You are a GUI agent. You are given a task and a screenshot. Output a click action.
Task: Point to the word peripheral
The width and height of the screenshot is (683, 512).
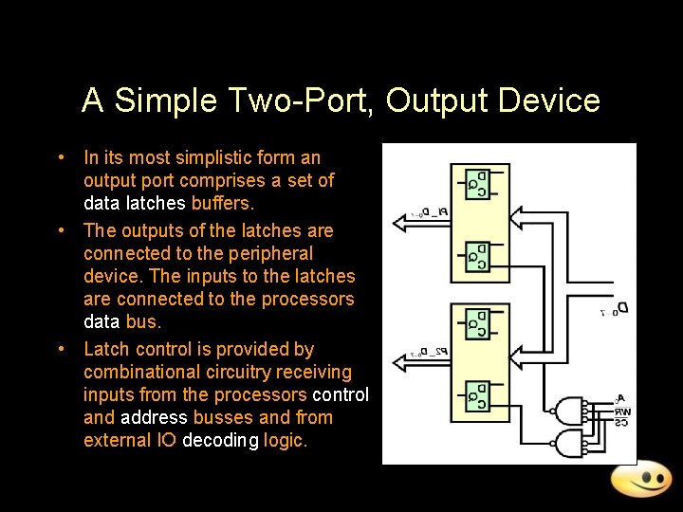(x=268, y=253)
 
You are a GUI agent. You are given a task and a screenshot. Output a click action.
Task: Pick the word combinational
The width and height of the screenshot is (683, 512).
(x=130, y=372)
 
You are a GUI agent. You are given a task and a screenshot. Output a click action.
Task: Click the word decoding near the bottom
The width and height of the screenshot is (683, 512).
(x=216, y=440)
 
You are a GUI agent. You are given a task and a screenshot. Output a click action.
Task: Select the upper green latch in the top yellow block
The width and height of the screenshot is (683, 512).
(x=475, y=183)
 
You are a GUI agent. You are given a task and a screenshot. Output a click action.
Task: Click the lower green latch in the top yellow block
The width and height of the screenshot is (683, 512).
(x=475, y=255)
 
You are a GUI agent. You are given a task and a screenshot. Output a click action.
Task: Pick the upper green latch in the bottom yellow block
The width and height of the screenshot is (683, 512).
(x=475, y=322)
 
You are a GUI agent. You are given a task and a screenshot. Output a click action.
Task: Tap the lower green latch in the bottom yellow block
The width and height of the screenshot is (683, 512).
(x=475, y=396)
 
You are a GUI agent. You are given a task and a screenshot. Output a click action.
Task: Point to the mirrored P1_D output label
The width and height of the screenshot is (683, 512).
(x=431, y=212)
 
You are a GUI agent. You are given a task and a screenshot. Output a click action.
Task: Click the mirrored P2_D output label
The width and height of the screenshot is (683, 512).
(x=431, y=353)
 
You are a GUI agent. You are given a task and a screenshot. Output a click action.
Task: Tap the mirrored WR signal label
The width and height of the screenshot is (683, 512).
(x=621, y=411)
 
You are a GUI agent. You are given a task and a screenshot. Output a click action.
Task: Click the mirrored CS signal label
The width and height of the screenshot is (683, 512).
(x=621, y=422)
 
